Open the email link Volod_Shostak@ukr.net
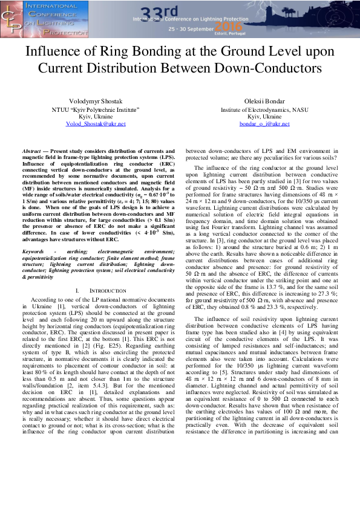95,123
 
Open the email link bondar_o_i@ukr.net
264,123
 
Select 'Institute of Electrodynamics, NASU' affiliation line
264,109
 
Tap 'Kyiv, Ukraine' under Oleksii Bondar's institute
264,116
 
